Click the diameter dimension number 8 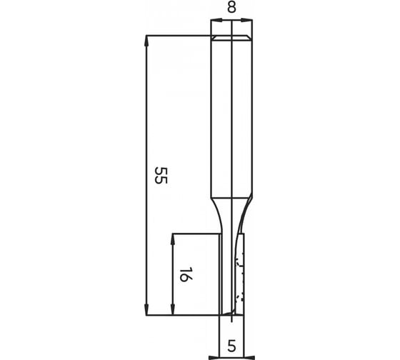pyautogui.click(x=232, y=8)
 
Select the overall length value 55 pyautogui.click(x=161, y=176)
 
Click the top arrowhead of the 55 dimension pyautogui.click(x=146, y=39)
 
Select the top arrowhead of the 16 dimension pyautogui.click(x=172, y=238)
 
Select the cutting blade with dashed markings pyautogui.click(x=239, y=275)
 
